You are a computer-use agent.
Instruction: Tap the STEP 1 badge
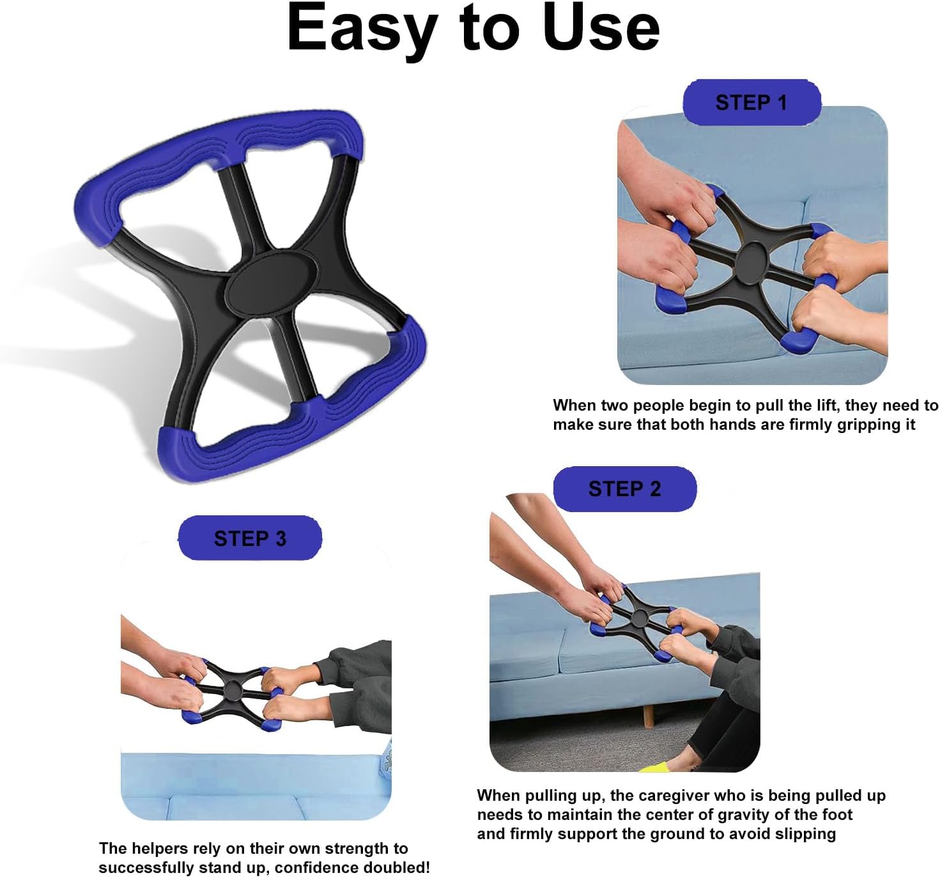click(x=751, y=102)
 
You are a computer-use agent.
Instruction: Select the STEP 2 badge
click(x=624, y=489)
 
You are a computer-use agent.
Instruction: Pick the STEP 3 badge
click(x=250, y=538)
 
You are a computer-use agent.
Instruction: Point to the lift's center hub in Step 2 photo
click(x=639, y=617)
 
